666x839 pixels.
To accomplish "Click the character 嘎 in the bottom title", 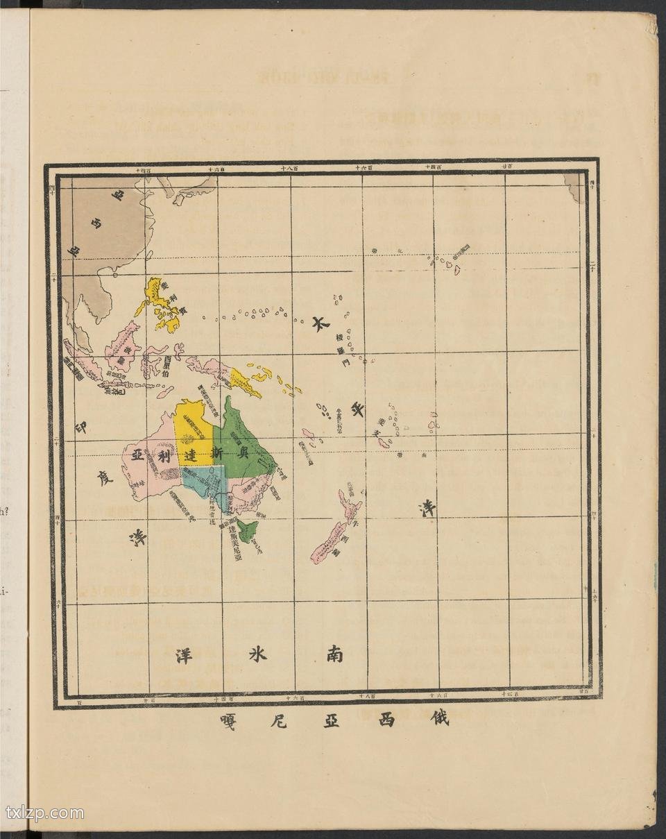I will click(x=226, y=720).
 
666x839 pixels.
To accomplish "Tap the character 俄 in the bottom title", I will click(x=439, y=718).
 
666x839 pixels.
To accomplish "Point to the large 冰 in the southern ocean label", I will click(x=257, y=654).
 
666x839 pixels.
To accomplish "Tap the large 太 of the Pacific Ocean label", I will click(x=320, y=325).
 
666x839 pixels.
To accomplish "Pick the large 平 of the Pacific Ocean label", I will click(x=358, y=410).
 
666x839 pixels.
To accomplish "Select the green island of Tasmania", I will click(x=247, y=532).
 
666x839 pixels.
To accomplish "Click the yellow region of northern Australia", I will click(x=193, y=430).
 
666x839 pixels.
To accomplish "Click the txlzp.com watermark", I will click(x=44, y=813).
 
